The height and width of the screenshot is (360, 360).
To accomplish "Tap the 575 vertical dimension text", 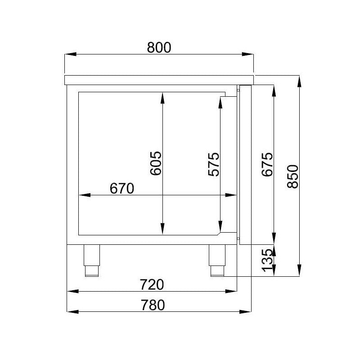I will click(x=213, y=165).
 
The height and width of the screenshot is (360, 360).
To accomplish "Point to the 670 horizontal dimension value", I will click(x=121, y=189).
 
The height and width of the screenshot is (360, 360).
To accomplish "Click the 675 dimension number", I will click(x=267, y=165).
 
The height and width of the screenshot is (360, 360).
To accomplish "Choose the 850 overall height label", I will click(x=292, y=176).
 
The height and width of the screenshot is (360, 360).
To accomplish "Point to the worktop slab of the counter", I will click(x=159, y=80).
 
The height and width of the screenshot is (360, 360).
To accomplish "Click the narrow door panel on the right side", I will click(x=246, y=165).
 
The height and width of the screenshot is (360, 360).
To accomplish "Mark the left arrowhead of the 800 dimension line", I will click(x=70, y=54).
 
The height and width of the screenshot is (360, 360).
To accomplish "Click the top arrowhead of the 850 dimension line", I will click(x=299, y=81).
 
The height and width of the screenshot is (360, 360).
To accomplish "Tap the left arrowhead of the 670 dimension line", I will click(x=84, y=195).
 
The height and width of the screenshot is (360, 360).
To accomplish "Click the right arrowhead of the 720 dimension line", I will click(x=232, y=292).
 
